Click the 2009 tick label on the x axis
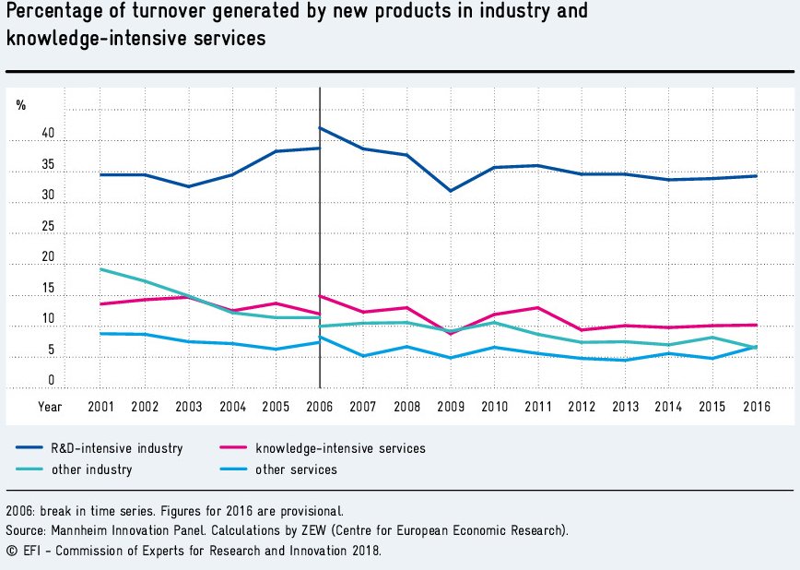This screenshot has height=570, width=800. (x=451, y=406)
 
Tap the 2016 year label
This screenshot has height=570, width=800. (x=756, y=406)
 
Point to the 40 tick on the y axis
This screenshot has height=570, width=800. (x=48, y=135)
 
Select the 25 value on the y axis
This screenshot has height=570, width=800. (x=48, y=227)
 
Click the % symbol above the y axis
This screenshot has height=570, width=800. (x=21, y=105)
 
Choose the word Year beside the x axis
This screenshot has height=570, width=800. (x=50, y=406)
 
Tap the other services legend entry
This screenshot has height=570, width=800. (x=298, y=469)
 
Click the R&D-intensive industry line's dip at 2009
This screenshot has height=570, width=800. (x=451, y=191)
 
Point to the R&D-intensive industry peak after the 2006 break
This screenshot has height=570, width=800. (x=321, y=128)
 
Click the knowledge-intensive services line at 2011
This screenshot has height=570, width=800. (x=538, y=307)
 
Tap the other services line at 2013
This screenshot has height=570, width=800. (x=625, y=360)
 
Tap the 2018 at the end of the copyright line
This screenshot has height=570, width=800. (x=366, y=551)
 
